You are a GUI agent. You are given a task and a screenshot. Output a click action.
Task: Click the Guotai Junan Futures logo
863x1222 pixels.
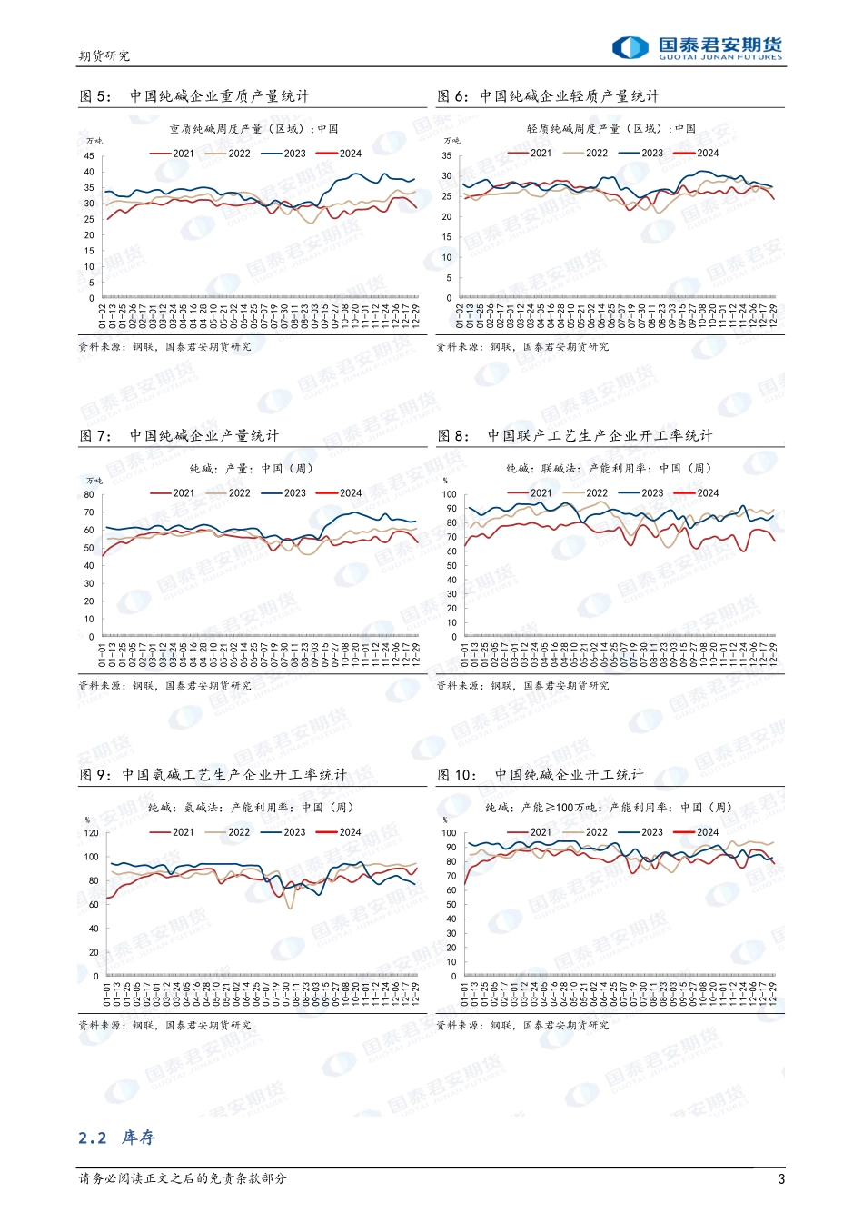(696, 47)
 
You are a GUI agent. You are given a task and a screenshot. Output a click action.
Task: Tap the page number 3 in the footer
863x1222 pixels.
(781, 1179)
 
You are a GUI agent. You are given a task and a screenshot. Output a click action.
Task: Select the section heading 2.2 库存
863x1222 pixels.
(116, 1138)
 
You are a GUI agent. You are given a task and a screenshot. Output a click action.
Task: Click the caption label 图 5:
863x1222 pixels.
(94, 96)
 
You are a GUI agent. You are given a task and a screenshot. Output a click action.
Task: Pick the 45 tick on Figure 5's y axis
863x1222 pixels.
(89, 156)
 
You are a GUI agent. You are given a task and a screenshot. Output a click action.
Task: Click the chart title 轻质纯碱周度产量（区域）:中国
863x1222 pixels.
(610, 129)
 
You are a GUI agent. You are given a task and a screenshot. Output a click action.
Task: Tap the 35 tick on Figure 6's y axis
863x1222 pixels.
(447, 156)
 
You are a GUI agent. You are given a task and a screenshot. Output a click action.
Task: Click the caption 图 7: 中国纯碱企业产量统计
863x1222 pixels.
(179, 436)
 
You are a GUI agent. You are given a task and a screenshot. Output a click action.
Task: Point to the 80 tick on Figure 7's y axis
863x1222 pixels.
(89, 495)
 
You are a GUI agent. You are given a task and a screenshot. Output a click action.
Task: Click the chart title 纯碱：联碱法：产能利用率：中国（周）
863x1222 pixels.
(608, 469)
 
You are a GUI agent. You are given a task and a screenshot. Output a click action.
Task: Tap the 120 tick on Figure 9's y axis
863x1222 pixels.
(91, 833)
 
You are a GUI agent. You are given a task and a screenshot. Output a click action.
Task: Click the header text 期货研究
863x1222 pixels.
(104, 56)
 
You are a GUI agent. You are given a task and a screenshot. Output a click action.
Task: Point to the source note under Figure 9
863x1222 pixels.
(164, 1026)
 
